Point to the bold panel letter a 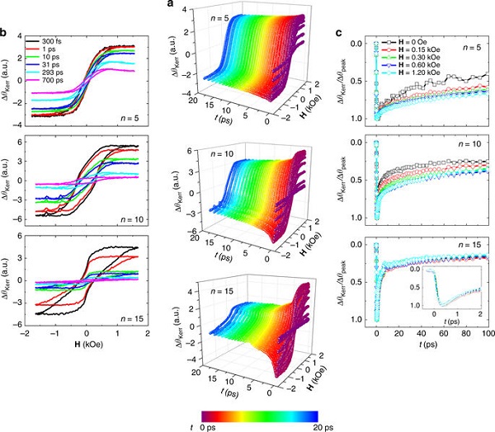pyautogui.click(x=170, y=5)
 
